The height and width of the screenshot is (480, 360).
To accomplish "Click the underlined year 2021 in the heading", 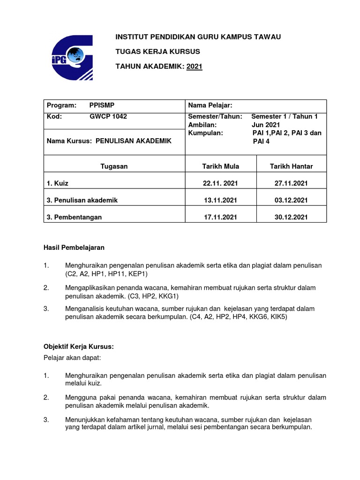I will pyautogui.click(x=195, y=67).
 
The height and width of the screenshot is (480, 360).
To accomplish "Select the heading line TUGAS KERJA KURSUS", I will pyautogui.click(x=157, y=51).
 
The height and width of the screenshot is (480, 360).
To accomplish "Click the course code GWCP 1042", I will pyautogui.click(x=108, y=117).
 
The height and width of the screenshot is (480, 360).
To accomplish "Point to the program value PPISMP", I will pyautogui.click(x=101, y=105).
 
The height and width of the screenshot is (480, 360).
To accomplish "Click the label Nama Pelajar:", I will pyautogui.click(x=210, y=105).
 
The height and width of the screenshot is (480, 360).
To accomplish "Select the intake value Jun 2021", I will pyautogui.click(x=266, y=125).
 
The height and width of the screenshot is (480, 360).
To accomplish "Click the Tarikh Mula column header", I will pyautogui.click(x=219, y=166).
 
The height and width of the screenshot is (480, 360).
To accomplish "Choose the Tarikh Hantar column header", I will pyautogui.click(x=291, y=166).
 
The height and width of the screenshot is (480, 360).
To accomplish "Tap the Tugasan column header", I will pyautogui.click(x=114, y=166).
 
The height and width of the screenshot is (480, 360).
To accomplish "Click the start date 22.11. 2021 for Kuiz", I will pyautogui.click(x=219, y=183).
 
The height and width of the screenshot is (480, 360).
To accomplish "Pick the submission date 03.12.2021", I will pyautogui.click(x=291, y=200).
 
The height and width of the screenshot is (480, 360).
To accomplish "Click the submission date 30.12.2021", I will pyautogui.click(x=291, y=217).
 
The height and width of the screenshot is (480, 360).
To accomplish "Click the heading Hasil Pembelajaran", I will pyautogui.click(x=74, y=247).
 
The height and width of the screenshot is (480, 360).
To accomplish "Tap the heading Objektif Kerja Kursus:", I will pyautogui.click(x=79, y=347).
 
